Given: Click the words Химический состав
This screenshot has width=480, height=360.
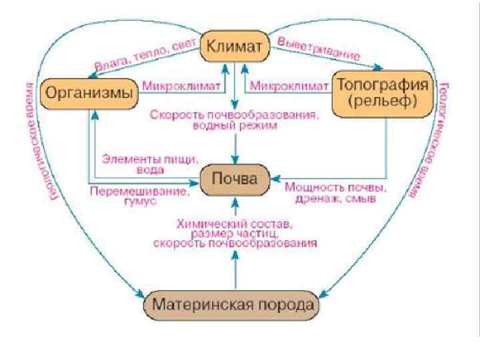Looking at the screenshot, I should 234,224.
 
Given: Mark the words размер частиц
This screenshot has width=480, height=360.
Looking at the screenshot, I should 234,234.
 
